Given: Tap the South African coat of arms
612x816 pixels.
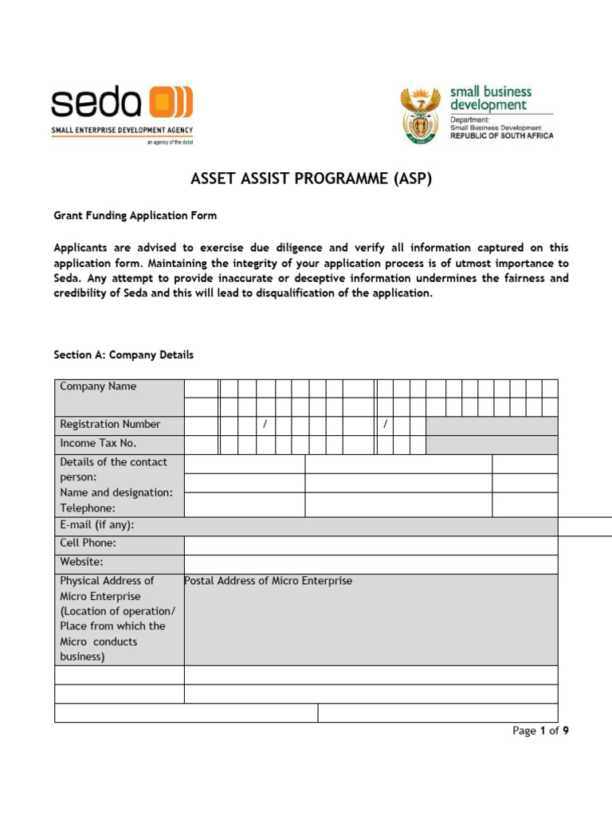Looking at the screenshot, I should click(x=419, y=115).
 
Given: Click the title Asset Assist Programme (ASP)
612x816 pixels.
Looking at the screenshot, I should click(x=311, y=178).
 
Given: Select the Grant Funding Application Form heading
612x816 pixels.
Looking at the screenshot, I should click(x=135, y=216).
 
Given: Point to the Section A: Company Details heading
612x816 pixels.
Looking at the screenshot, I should click(x=124, y=355).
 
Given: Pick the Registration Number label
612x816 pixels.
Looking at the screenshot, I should click(x=110, y=424).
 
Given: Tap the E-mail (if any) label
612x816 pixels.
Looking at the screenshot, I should click(x=97, y=525).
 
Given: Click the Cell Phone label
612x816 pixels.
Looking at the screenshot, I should click(x=88, y=543).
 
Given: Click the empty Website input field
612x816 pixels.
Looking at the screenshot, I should click(x=371, y=564).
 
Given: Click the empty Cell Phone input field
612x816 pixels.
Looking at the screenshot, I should click(x=371, y=545).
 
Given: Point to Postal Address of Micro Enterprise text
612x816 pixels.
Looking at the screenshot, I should click(x=268, y=581).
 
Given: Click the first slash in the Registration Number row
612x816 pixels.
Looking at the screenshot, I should click(x=265, y=424).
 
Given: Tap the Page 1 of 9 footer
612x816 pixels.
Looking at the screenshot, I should click(x=540, y=731).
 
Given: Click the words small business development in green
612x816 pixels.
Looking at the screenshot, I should click(x=489, y=98).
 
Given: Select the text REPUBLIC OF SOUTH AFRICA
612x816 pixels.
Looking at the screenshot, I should click(x=501, y=135).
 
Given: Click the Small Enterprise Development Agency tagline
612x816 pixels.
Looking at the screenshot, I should click(x=122, y=130).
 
